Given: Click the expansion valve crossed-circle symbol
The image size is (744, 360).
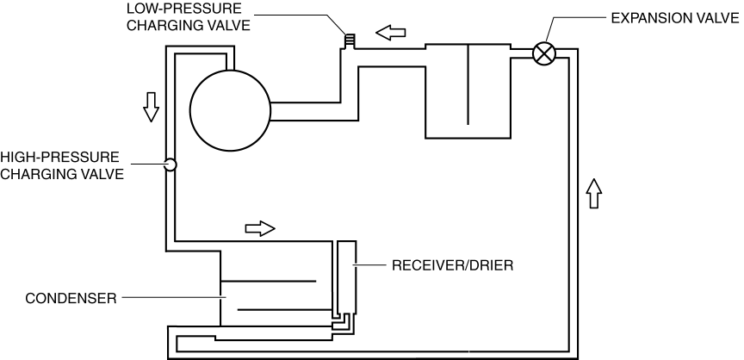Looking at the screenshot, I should [543, 53].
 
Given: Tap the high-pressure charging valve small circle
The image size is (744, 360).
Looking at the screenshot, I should [170, 164].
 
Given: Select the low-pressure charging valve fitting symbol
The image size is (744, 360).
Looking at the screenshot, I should [350, 40].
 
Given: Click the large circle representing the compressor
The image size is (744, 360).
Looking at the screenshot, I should [230, 110].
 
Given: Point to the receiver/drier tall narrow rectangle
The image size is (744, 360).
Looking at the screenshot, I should [346, 275].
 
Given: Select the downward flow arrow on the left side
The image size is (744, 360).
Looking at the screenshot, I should [151, 105].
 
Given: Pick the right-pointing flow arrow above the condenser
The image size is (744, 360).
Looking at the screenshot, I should [260, 228].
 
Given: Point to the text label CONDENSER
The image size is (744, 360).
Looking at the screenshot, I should [58, 299].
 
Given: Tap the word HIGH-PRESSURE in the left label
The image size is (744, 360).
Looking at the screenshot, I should [59, 158].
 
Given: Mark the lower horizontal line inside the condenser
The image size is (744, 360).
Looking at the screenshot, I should [281, 308].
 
